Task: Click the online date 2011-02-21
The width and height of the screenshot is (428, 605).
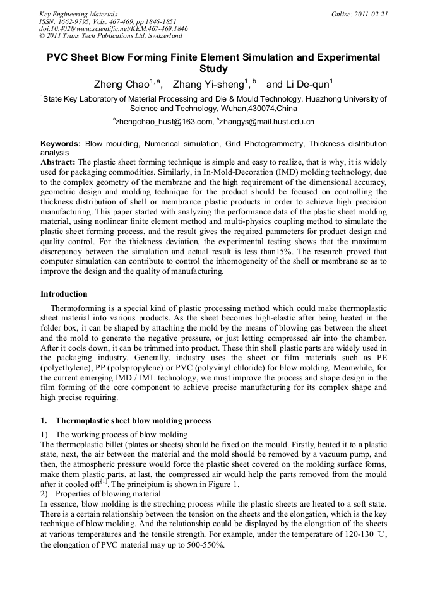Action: pyautogui.click(x=371, y=13)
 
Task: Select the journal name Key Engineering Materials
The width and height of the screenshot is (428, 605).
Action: pyautogui.click(x=78, y=13)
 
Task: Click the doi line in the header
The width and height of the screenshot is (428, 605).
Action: pyautogui.click(x=104, y=28)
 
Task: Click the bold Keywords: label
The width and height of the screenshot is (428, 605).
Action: pyautogui.click(x=61, y=144)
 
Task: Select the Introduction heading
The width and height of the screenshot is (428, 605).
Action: pyautogui.click(x=64, y=294)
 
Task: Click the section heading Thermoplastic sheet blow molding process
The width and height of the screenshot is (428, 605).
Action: pyautogui.click(x=133, y=421)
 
